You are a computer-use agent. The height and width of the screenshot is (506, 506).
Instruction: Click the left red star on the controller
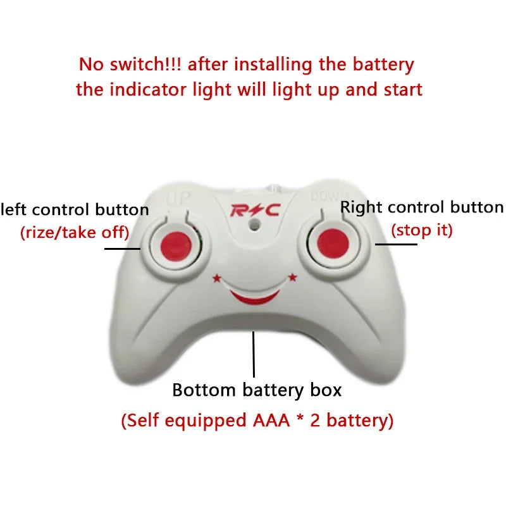[x=217, y=277]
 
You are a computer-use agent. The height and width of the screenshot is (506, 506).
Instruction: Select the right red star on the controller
[x=292, y=277]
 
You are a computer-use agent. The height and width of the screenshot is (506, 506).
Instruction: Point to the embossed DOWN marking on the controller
[x=325, y=197]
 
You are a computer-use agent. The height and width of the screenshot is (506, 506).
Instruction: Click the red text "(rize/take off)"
[x=75, y=232]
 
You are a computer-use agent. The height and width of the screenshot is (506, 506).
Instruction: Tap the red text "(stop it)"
[x=422, y=230]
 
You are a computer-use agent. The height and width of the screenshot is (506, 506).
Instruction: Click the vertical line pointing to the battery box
[x=254, y=354]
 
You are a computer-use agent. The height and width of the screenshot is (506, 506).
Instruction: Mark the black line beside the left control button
[x=122, y=249]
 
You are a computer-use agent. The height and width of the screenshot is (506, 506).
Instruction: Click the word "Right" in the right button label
[x=361, y=207]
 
